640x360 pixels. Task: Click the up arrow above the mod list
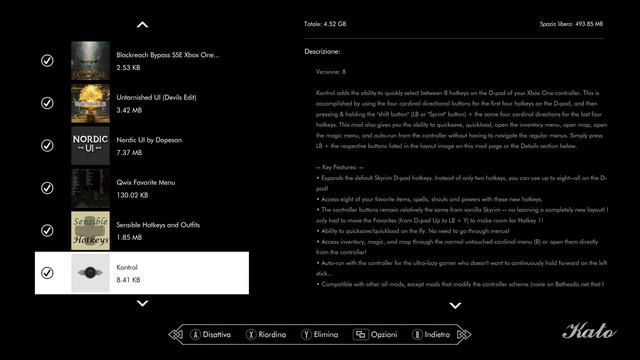click(142, 24)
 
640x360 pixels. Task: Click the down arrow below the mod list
click(142, 303)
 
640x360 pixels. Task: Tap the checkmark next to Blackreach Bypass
click(47, 61)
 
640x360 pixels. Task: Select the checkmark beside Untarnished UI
click(47, 103)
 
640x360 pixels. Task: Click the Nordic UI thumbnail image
click(91, 145)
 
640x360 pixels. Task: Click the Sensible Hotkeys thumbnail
click(91, 229)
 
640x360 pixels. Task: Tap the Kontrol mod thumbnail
click(91, 272)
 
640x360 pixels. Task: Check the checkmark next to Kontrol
click(47, 272)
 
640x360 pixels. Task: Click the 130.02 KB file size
click(135, 195)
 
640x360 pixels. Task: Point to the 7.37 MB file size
click(130, 153)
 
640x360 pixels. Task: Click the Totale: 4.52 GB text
click(326, 22)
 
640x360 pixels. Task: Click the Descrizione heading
click(323, 50)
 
